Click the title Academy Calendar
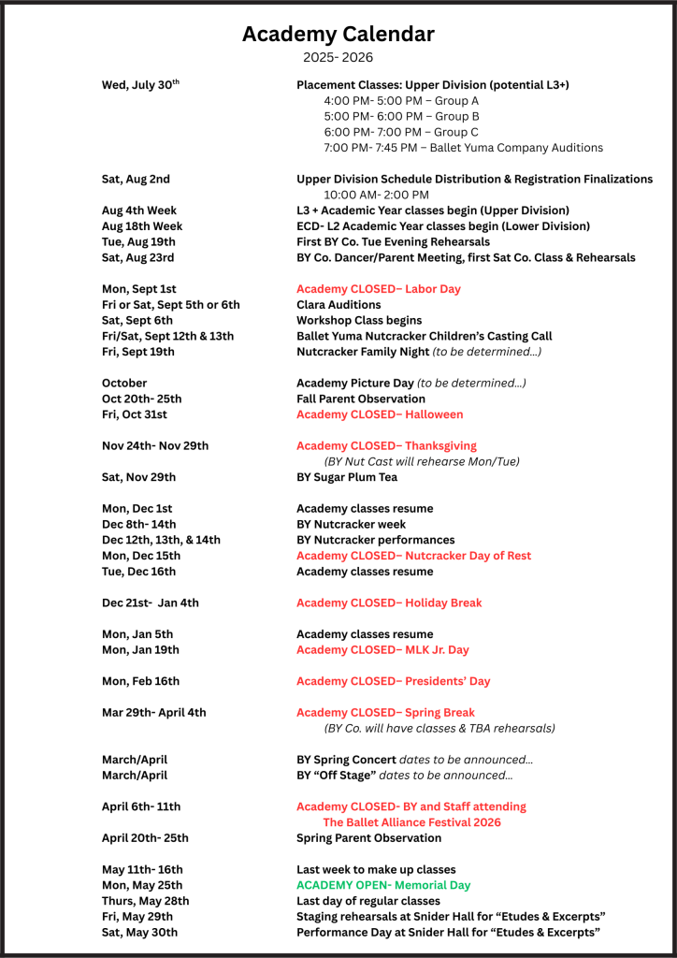(338, 35)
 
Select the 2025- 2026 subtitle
(338, 58)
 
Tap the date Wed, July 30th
(140, 85)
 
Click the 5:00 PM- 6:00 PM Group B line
(401, 116)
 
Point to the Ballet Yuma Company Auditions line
(463, 148)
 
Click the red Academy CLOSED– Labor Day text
(378, 289)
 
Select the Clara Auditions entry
(338, 305)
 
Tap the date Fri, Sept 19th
(137, 352)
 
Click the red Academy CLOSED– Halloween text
(380, 414)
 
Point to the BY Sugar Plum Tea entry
(346, 477)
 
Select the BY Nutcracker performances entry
(375, 540)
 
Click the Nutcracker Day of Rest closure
(413, 556)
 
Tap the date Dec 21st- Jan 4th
(150, 603)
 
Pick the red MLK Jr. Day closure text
(382, 650)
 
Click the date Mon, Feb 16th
(140, 681)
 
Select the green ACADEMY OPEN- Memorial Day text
(383, 885)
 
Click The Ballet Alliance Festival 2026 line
(411, 822)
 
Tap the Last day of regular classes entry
(367, 901)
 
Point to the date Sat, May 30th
(139, 932)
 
